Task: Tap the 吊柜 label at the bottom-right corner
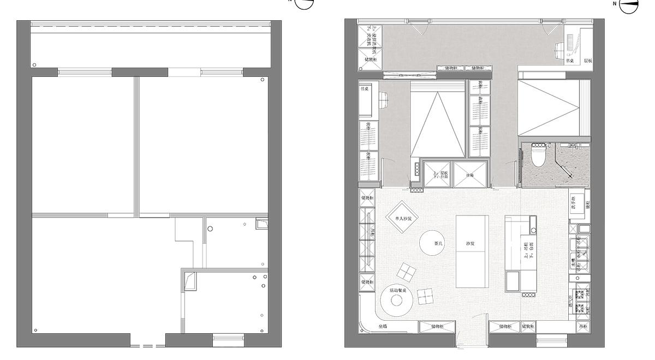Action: point(583,327)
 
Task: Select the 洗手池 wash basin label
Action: point(574,202)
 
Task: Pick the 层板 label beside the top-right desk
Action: point(587,61)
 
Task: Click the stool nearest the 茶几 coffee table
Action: point(407,271)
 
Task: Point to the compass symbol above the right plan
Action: point(629,4)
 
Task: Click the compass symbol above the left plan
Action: point(305,3)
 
